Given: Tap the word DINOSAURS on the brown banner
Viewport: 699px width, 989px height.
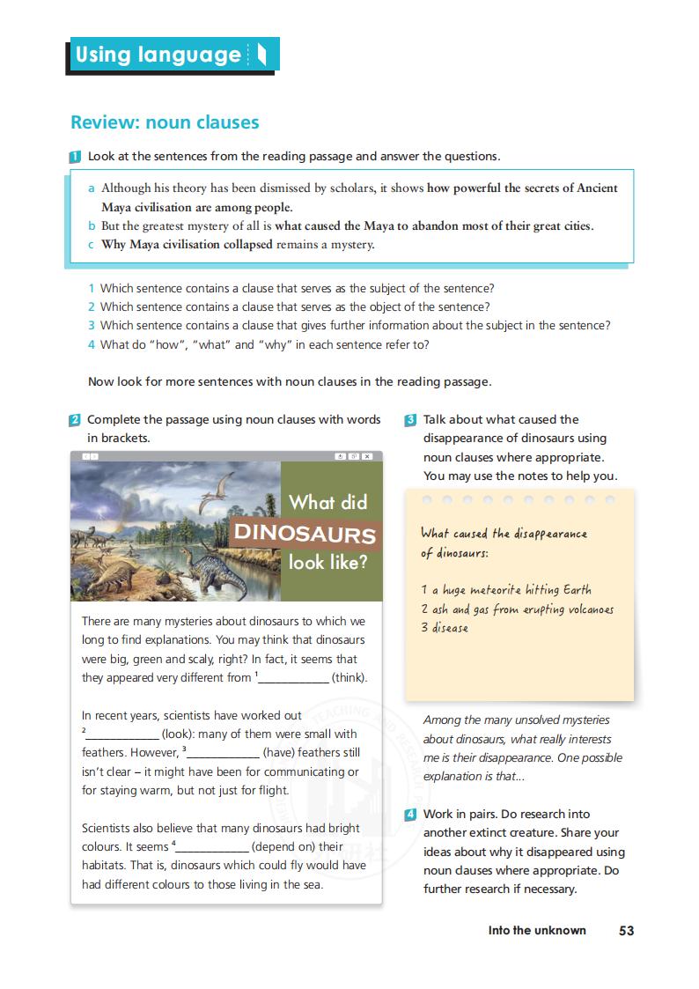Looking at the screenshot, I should tap(305, 535).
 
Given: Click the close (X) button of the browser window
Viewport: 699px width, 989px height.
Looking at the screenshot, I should tap(367, 456).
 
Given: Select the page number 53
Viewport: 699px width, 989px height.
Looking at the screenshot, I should tap(626, 930).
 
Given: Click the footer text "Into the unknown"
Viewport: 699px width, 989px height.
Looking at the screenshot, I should tap(537, 930).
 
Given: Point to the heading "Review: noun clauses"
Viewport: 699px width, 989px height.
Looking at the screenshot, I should tap(165, 122).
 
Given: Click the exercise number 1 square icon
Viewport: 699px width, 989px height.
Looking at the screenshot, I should tap(76, 157).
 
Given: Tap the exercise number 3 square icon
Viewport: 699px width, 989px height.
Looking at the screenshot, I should tap(410, 420).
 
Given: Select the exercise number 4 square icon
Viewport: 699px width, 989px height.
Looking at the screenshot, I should tap(410, 815).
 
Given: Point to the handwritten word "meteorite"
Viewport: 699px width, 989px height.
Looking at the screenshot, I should tap(496, 590).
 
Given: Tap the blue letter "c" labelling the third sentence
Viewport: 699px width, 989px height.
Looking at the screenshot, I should tap(91, 245).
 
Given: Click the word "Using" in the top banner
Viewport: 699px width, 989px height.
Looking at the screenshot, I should tap(103, 55).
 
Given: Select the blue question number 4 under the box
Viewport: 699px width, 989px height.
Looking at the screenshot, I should tap(91, 344).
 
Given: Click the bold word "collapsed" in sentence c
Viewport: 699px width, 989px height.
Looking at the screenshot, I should tap(242, 245).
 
